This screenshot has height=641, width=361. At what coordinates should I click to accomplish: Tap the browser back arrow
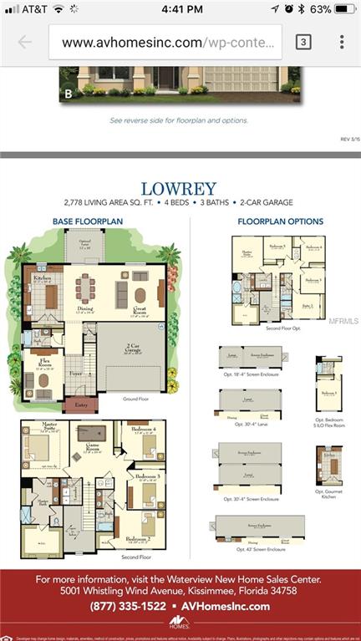24,42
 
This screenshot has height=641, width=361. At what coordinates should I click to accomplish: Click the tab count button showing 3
303,42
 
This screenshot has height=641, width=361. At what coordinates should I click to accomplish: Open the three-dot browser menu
341,42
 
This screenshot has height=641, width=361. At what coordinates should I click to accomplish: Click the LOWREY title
180,189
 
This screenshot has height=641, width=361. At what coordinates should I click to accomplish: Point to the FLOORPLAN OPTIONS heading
280,221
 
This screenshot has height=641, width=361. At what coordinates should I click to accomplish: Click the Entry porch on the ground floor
80,404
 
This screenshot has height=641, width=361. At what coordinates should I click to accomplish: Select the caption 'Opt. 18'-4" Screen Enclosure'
251,374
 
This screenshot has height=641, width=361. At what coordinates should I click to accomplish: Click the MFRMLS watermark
343,320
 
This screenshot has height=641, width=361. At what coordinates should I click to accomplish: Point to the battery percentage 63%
320,9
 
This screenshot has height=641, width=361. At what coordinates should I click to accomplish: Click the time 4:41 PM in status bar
180,9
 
